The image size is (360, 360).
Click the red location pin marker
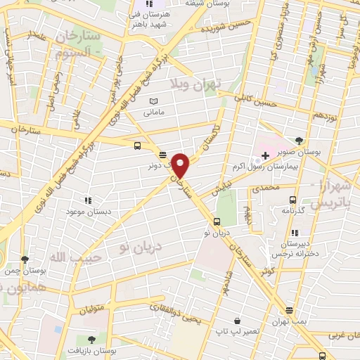(x=181, y=166)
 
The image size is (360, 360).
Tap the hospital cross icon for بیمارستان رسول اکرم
(x=265, y=155)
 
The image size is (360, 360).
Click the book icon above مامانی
(x=154, y=102)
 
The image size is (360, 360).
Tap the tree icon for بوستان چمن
(x=25, y=259)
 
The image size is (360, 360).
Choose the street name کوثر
(x=266, y=271)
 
